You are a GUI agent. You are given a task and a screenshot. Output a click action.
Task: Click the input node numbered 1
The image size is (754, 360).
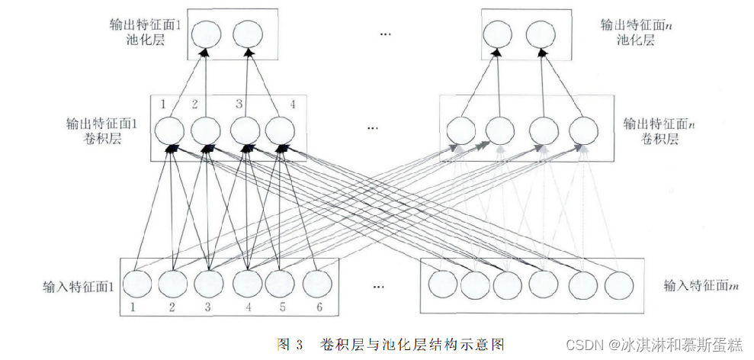point(136,284)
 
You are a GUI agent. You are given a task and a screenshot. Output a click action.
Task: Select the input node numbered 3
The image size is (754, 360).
point(209,284)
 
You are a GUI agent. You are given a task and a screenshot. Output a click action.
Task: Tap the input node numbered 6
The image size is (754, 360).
point(317,284)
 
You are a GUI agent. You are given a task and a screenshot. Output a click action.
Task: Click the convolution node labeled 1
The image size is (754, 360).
point(168,130)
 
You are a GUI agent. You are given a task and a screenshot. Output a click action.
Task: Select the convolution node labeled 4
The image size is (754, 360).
point(281,130)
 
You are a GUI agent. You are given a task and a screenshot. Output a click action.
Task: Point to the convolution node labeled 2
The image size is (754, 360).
point(205,130)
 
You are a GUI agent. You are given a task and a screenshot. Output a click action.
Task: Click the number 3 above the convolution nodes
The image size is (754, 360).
point(239,104)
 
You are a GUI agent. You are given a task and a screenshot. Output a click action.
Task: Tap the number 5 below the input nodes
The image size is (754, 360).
point(281,308)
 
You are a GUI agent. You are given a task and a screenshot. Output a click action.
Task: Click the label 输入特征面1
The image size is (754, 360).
point(79,287)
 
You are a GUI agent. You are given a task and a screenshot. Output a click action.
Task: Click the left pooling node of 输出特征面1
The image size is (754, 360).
point(205,34)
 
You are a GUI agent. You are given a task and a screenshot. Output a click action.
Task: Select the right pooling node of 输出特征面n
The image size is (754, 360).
point(540,34)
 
